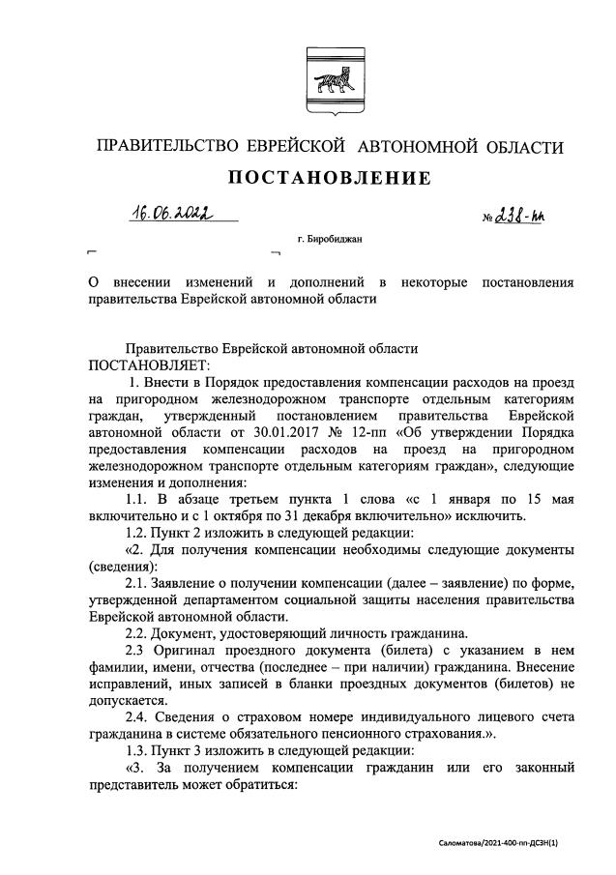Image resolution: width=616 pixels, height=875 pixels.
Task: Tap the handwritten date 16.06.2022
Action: coord(174,213)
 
